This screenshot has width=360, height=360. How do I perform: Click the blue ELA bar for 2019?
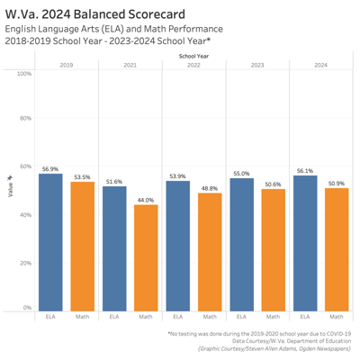[50, 241]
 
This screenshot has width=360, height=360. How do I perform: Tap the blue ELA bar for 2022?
[178, 245]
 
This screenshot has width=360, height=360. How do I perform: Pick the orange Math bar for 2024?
[337, 249]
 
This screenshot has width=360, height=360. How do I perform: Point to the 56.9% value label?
[50, 168]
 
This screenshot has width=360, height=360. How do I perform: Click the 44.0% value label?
[146, 200]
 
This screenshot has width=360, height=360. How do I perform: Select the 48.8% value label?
[210, 189]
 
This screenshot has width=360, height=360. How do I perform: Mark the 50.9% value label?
[337, 184]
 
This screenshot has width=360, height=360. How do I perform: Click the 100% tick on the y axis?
[24, 73]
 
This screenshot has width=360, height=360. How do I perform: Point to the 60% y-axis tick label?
[26, 167]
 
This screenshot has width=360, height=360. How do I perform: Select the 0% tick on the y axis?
[28, 309]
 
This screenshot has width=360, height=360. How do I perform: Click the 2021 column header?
[130, 65]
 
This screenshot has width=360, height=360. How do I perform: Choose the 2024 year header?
[320, 65]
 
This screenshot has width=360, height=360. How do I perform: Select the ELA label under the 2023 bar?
[241, 317]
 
